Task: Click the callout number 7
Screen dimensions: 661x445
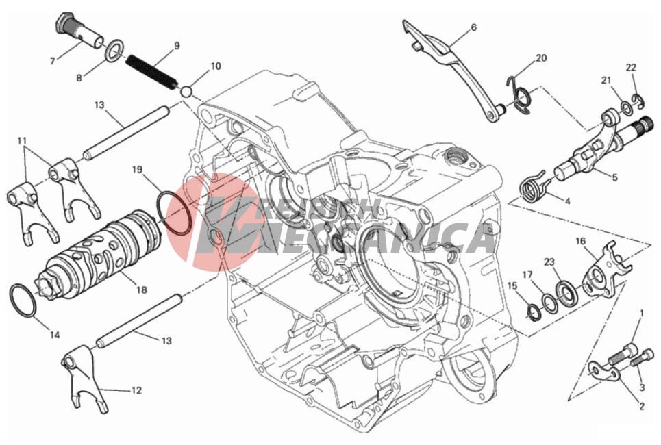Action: pyautogui.click(x=52, y=62)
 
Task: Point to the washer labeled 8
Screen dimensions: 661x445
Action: pyautogui.click(x=114, y=51)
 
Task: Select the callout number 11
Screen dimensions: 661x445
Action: pyautogui.click(x=23, y=140)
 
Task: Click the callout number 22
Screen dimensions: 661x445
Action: pyautogui.click(x=631, y=67)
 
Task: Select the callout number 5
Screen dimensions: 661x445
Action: pyautogui.click(x=614, y=177)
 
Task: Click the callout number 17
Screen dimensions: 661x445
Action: pyautogui.click(x=528, y=275)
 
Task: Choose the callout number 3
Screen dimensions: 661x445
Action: pyautogui.click(x=642, y=387)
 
